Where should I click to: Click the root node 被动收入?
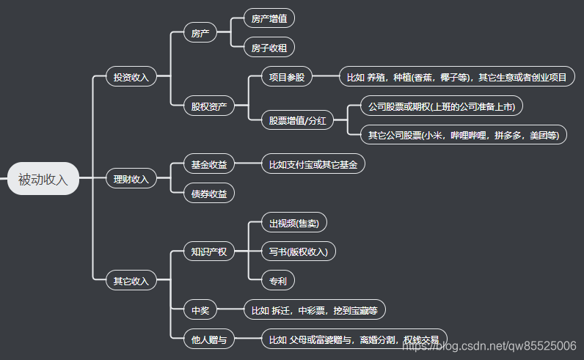(x=43, y=179)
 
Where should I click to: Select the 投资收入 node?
(x=131, y=76)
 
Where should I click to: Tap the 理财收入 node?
(x=131, y=179)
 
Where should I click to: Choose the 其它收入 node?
(x=131, y=281)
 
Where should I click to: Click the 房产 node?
(x=200, y=33)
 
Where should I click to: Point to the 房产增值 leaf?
(x=269, y=18)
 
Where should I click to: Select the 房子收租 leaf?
(x=269, y=48)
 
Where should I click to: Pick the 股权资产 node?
(x=209, y=106)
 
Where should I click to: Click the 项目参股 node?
(x=287, y=76)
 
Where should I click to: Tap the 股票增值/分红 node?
(x=297, y=120)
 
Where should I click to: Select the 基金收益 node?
(x=209, y=164)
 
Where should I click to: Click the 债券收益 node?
(x=209, y=194)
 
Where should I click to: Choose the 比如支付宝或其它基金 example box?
(x=313, y=164)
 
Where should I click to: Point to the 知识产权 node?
(x=209, y=252)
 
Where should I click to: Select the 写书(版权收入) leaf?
(x=298, y=252)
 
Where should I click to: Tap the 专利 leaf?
(x=277, y=281)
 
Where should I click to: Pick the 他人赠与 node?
(x=209, y=339)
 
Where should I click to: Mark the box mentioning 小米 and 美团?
(x=463, y=135)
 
